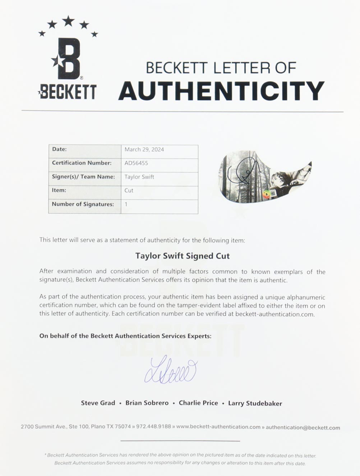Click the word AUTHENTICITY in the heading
point(221,91)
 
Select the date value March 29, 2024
point(144,150)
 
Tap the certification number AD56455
point(136,163)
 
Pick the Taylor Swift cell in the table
point(139,177)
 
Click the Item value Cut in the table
point(129,191)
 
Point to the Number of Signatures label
point(83,204)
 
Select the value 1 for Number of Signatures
point(126,204)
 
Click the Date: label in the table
point(59,149)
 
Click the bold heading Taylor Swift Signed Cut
point(182,256)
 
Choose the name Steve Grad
point(98,403)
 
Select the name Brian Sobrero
point(147,403)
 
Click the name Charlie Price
point(198,403)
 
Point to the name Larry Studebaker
point(255,403)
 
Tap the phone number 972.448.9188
point(153,427)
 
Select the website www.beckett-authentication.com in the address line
point(218,427)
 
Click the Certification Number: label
point(82,163)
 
